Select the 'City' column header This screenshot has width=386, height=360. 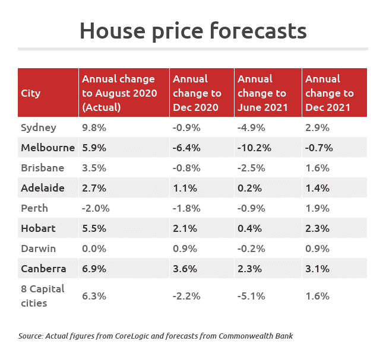point(31,93)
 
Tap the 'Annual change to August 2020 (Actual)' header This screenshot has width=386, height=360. point(119,93)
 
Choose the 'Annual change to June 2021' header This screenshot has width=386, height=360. point(262,93)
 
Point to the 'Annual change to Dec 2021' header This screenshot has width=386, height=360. point(330,93)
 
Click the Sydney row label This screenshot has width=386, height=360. point(39,128)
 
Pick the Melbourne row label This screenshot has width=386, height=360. point(48,148)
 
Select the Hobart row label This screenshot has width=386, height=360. point(38,228)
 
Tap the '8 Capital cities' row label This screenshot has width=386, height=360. point(43,295)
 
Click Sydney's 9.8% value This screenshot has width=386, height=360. point(93,128)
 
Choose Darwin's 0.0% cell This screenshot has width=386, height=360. point(93,249)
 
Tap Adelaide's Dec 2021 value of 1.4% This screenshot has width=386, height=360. point(317,188)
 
